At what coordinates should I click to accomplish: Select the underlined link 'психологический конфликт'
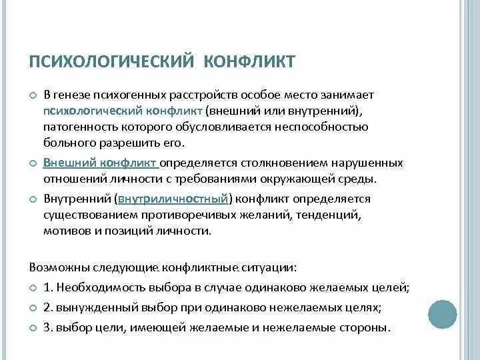(123, 111)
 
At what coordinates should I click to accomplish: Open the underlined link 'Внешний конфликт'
(100, 163)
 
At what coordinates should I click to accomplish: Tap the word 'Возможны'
(54, 267)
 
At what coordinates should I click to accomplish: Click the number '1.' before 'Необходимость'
(47, 288)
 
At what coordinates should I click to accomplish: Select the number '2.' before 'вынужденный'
(47, 308)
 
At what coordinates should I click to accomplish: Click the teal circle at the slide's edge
(443, 313)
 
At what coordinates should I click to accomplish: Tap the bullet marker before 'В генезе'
(33, 95)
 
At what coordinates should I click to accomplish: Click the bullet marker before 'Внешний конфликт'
(33, 163)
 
